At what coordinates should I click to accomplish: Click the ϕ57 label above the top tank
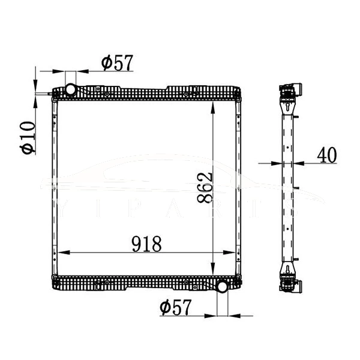pyautogui.click(x=117, y=62)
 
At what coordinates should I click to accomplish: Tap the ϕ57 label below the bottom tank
pyautogui.click(x=176, y=307)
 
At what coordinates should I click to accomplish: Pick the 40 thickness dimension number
pyautogui.click(x=326, y=155)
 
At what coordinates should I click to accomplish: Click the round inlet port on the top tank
pyautogui.click(x=71, y=90)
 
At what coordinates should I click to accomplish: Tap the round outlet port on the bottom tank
pyautogui.click(x=222, y=286)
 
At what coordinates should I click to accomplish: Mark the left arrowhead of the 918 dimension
pyautogui.click(x=59, y=253)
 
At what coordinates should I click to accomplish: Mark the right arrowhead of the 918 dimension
pyautogui.click(x=235, y=253)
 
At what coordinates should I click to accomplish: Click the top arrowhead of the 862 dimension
pyautogui.click(x=214, y=103)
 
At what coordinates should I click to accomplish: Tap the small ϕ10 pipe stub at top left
pyautogui.click(x=47, y=93)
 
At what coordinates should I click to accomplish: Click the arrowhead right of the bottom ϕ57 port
pyautogui.click(x=233, y=314)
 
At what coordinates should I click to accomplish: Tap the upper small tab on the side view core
pyautogui.click(x=296, y=133)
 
